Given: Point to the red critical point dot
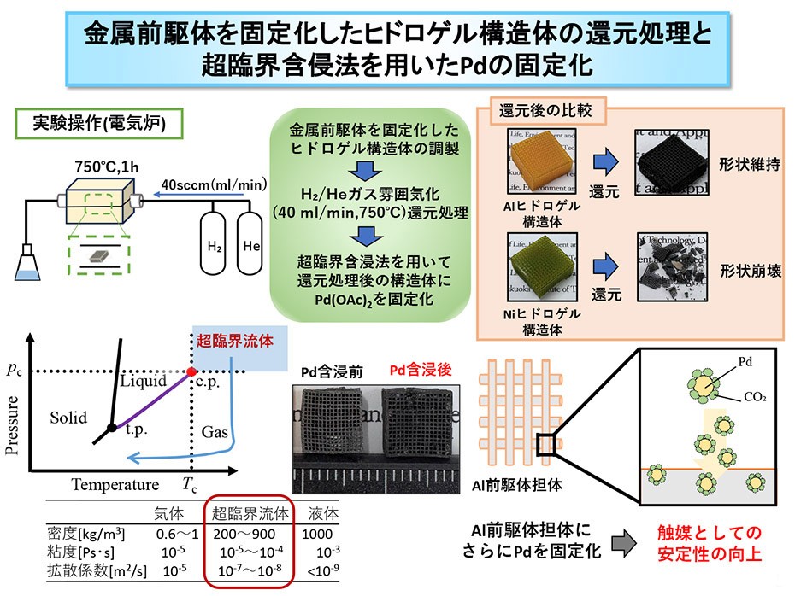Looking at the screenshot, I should click(x=191, y=372).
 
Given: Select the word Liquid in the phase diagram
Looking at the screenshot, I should click(x=144, y=380).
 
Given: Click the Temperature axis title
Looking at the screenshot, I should click(x=115, y=485).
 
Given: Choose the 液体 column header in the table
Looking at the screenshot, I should click(x=323, y=514).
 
